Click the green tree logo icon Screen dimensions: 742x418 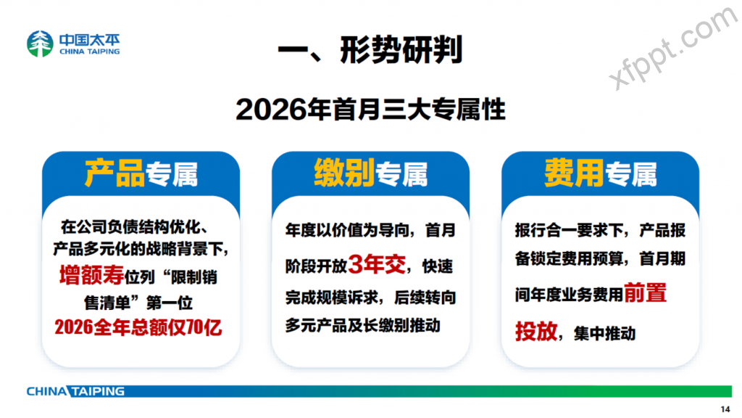pos(40,44)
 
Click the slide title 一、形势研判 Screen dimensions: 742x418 pos(370,50)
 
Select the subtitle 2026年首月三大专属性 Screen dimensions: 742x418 pos(370,110)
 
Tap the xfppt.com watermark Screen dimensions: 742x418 pos(672,47)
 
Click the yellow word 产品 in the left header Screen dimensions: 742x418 pos(114,173)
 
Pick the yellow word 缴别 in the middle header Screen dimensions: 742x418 pos(344,173)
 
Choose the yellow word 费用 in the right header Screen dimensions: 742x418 pos(574,173)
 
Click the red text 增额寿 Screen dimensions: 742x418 pos(92,275)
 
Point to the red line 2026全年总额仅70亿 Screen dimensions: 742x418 pos(138,327)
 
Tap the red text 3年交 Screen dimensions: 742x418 pos(377,264)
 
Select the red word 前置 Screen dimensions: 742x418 pos(645,293)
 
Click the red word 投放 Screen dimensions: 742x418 pos(536,331)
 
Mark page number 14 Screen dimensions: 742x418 pos(725,409)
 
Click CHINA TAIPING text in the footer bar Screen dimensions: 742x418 pos(75,391)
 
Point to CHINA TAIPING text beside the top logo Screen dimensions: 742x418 pos(89,52)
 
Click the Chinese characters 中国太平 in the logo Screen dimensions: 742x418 pos(89,40)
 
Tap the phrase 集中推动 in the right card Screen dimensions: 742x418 pos(604,334)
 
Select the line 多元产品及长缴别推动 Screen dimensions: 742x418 pos(362,326)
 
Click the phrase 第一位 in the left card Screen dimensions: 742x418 pos(170,303)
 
